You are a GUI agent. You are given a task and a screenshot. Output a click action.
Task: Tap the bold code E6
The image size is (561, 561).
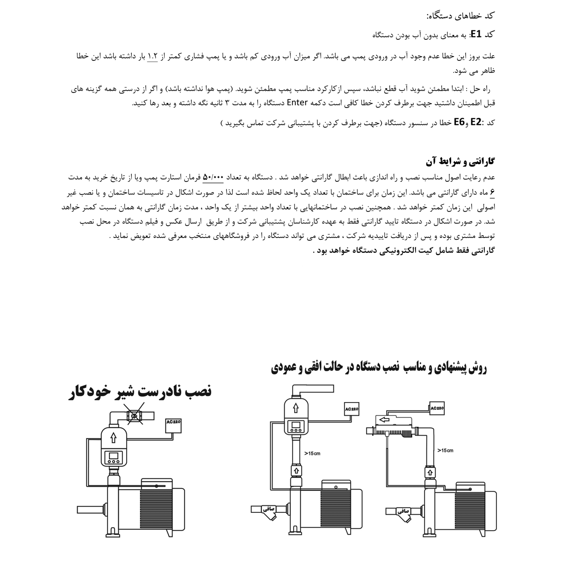[460, 123]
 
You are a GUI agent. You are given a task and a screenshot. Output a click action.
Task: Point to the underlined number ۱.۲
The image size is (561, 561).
[153, 56]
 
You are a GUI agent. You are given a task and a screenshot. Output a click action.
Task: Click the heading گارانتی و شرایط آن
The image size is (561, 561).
[460, 162]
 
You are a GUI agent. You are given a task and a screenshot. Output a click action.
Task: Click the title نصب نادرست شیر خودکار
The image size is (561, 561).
[139, 391]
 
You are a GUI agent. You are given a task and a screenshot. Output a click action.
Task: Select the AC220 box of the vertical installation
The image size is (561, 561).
[352, 409]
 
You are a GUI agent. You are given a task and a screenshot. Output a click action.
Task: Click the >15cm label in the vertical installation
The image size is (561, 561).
[313, 453]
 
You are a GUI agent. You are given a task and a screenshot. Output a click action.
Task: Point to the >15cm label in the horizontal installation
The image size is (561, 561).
[445, 450]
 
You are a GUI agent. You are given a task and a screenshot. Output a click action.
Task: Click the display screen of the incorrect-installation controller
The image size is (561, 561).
[113, 456]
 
